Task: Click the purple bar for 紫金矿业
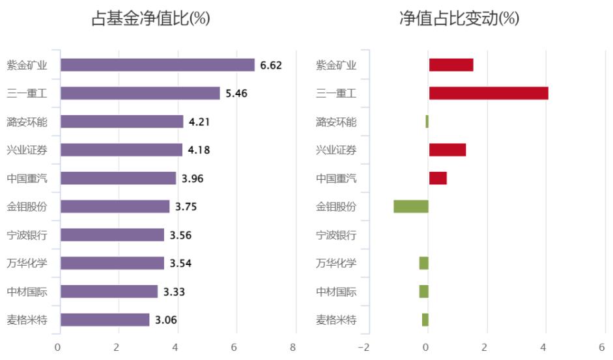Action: tap(157, 65)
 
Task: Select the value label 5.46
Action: tap(236, 93)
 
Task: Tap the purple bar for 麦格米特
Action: tap(105, 320)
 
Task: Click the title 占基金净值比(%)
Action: tap(150, 20)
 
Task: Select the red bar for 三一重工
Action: tap(489, 93)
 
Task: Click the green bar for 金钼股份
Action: tap(411, 206)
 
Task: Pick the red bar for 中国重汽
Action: tap(438, 178)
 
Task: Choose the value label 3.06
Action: tap(166, 320)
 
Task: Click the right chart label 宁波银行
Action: tap(336, 234)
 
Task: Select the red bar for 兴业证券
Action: tap(448, 150)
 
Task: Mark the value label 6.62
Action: tap(271, 65)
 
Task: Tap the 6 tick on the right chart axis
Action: tap(602, 347)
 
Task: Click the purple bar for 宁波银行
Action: tap(112, 234)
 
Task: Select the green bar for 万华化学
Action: tap(424, 263)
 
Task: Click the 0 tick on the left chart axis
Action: tap(58, 347)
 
